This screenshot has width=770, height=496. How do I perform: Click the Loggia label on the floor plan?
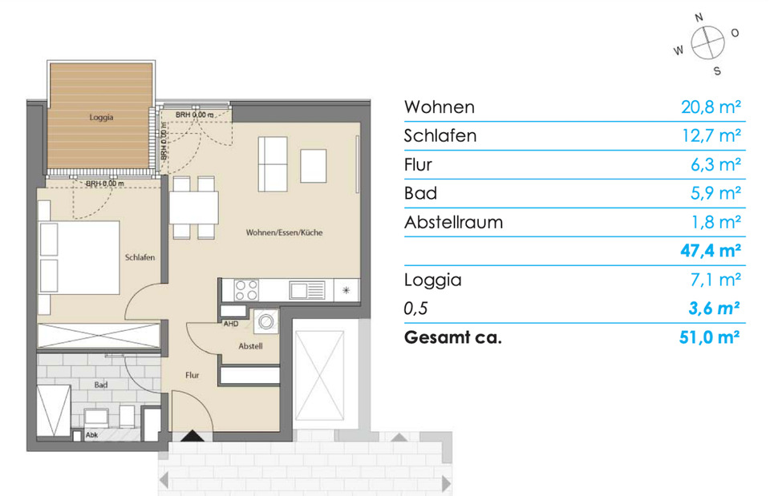click(102, 117)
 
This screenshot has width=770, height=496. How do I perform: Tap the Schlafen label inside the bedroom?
click(140, 257)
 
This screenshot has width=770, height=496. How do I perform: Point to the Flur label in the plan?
click(192, 374)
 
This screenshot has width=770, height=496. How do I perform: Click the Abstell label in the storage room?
click(251, 346)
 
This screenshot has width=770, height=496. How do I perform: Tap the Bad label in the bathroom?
click(100, 385)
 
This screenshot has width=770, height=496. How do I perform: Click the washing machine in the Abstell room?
click(265, 323)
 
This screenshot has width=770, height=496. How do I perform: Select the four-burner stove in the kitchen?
click(246, 289)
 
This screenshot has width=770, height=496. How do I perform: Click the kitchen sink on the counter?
click(307, 290)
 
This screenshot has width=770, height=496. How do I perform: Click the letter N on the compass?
click(699, 15)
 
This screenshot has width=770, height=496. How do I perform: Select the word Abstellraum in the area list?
click(453, 222)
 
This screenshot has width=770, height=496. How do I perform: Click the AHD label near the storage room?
click(230, 325)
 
